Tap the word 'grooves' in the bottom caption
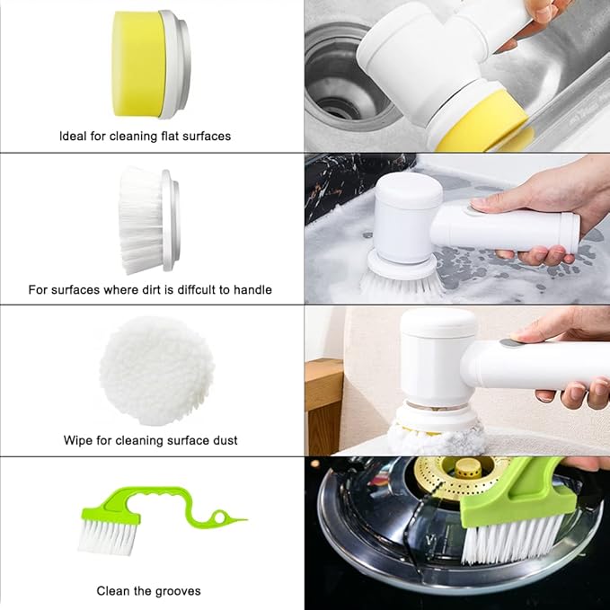(x=180, y=591)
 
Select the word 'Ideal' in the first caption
(x=75, y=137)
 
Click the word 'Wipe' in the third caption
(x=78, y=441)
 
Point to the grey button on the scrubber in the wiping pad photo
(x=511, y=342)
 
